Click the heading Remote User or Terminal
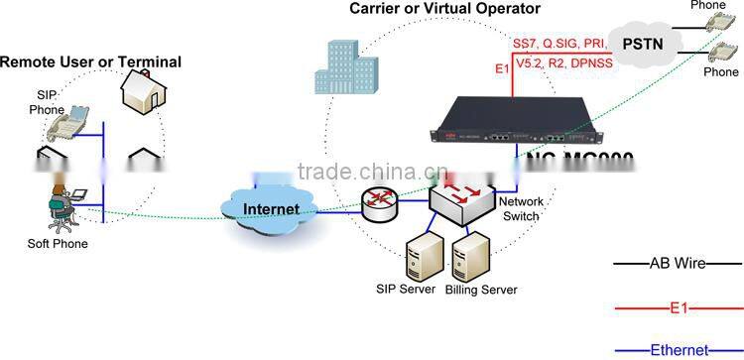(x=90, y=61)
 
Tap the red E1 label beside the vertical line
(x=502, y=68)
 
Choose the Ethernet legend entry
(x=679, y=349)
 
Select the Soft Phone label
(x=58, y=243)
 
